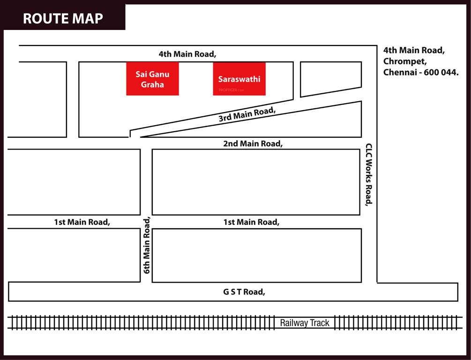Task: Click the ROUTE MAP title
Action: pyautogui.click(x=63, y=18)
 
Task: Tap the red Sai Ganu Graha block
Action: pyautogui.click(x=152, y=79)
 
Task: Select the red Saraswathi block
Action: pyautogui.click(x=239, y=79)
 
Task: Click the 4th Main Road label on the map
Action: pyautogui.click(x=187, y=54)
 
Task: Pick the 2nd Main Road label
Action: pyautogui.click(x=253, y=143)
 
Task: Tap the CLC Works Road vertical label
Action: pyautogui.click(x=369, y=174)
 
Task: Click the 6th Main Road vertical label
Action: pyautogui.click(x=147, y=245)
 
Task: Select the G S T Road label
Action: pyautogui.click(x=244, y=292)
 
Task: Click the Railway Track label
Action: pyautogui.click(x=305, y=322)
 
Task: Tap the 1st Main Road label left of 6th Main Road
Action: pyautogui.click(x=82, y=222)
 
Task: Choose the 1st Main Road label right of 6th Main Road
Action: pyautogui.click(x=251, y=222)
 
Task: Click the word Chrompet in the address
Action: pyautogui.click(x=405, y=61)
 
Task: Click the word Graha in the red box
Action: pyautogui.click(x=152, y=85)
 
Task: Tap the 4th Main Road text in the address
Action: pyautogui.click(x=414, y=50)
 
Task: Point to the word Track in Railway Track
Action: pyautogui.click(x=319, y=322)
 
